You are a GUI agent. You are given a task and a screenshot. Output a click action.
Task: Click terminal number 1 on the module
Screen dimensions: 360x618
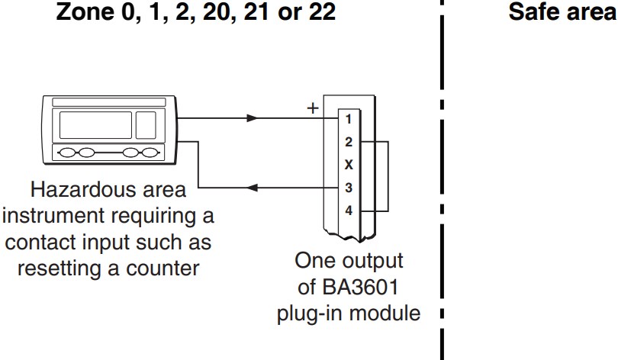pyautogui.click(x=348, y=119)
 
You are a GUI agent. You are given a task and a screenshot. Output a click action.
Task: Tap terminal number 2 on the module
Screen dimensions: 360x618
pyautogui.click(x=348, y=142)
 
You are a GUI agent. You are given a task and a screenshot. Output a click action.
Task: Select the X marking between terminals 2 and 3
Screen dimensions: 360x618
pyautogui.click(x=348, y=165)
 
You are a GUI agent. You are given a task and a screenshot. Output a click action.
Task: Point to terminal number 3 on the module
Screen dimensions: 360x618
pyautogui.click(x=348, y=188)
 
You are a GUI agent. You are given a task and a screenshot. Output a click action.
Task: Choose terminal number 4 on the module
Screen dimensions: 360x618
pyautogui.click(x=348, y=211)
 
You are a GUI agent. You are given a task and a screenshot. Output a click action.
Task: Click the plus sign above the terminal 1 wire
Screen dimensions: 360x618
pyautogui.click(x=311, y=108)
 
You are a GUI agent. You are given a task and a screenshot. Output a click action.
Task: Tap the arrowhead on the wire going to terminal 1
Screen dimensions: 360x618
pyautogui.click(x=253, y=118)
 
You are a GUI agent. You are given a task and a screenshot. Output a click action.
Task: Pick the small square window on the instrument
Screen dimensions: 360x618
pyautogui.click(x=145, y=124)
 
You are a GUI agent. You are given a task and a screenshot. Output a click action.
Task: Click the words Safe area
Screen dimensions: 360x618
pyautogui.click(x=562, y=13)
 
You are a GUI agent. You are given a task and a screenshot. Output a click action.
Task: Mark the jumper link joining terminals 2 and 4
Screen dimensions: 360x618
pyautogui.click(x=388, y=176)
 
